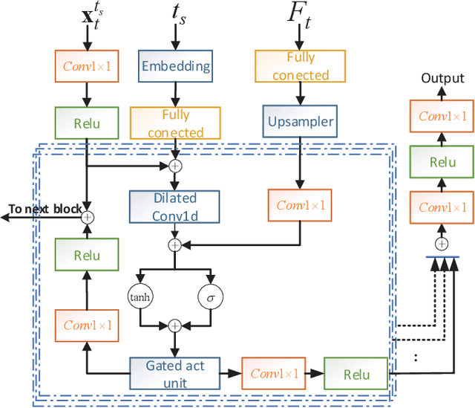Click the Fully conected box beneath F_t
click(301, 66)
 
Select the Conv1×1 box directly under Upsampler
click(301, 205)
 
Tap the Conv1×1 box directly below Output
click(442, 116)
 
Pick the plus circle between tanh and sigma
click(174, 325)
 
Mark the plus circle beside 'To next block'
click(87, 217)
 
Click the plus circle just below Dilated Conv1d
click(174, 245)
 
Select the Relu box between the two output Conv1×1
click(442, 162)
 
